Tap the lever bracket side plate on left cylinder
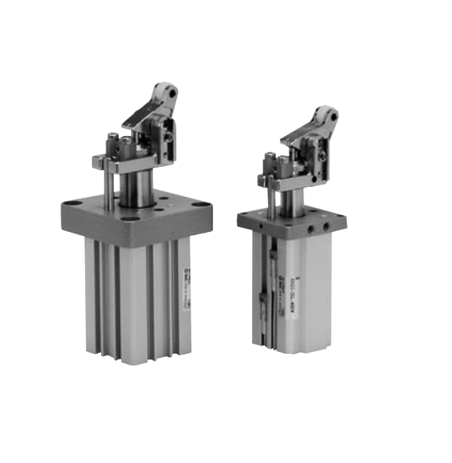(x=164, y=133)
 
